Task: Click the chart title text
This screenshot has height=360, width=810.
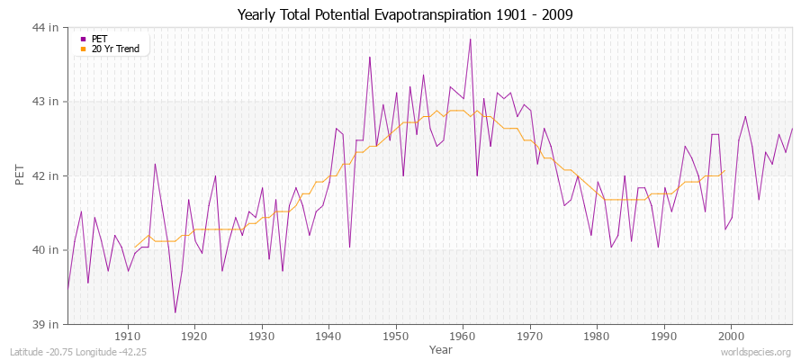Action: (404, 15)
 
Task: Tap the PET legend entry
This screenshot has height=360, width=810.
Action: (99, 39)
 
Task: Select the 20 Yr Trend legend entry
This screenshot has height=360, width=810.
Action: (115, 49)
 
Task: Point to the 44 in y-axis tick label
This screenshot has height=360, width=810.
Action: (48, 28)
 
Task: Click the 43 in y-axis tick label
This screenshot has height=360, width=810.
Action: (48, 102)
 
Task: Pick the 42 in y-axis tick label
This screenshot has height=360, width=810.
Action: (48, 175)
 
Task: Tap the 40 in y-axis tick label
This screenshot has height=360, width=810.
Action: (48, 249)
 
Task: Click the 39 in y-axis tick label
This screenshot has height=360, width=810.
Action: (48, 323)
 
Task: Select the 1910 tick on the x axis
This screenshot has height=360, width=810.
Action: (128, 337)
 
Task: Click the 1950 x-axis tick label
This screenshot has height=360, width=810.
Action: (395, 337)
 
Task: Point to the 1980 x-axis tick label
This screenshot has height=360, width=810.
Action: (596, 337)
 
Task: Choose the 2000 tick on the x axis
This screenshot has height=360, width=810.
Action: (730, 337)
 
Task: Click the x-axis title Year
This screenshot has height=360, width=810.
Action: (441, 348)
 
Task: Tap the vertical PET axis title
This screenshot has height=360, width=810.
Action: (21, 175)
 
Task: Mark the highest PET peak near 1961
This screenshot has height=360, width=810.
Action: (470, 39)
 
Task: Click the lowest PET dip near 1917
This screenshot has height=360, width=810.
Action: (175, 312)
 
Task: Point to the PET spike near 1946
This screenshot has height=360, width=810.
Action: (369, 57)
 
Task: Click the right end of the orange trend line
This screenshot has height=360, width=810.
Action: (724, 171)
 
